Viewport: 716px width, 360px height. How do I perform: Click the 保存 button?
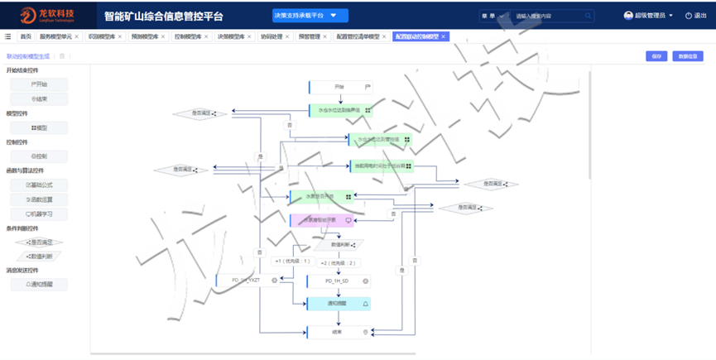click(x=656, y=56)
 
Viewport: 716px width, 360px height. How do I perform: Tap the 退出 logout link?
click(x=695, y=16)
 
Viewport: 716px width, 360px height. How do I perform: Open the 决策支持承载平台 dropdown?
click(x=310, y=15)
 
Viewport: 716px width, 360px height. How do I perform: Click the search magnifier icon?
click(x=589, y=16)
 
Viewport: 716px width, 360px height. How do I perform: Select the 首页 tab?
click(x=26, y=36)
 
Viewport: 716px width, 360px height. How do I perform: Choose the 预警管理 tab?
click(x=310, y=36)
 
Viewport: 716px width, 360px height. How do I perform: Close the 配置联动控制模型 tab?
click(x=444, y=36)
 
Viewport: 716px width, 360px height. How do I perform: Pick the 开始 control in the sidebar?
click(x=38, y=84)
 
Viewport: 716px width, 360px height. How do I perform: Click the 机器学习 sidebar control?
click(x=39, y=214)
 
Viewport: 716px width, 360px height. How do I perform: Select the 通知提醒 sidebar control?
click(x=39, y=284)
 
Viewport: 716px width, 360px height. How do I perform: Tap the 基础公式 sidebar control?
click(x=39, y=185)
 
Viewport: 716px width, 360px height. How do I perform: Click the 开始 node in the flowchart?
click(x=341, y=87)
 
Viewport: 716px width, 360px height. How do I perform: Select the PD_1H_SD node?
click(x=339, y=281)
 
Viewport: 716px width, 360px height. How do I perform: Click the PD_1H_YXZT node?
click(x=247, y=281)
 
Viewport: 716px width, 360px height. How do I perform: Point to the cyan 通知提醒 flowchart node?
click(x=339, y=304)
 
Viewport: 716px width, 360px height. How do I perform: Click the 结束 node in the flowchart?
click(x=339, y=333)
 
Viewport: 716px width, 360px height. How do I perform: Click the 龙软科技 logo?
click(x=50, y=15)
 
